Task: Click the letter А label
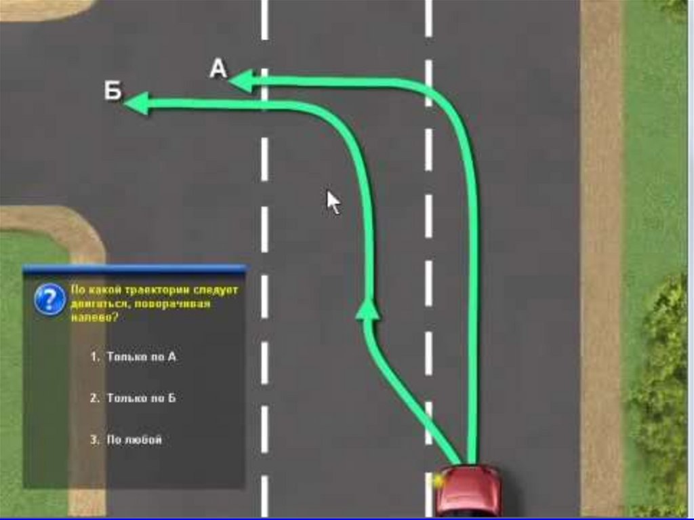(x=218, y=68)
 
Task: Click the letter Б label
(x=113, y=91)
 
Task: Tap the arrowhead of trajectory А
(x=241, y=81)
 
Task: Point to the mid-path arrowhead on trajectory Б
(x=367, y=308)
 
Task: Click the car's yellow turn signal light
(x=438, y=481)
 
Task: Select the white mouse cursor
(x=333, y=202)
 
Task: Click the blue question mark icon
(x=49, y=299)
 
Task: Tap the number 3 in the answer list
(x=94, y=440)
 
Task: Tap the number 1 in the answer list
(x=94, y=357)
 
